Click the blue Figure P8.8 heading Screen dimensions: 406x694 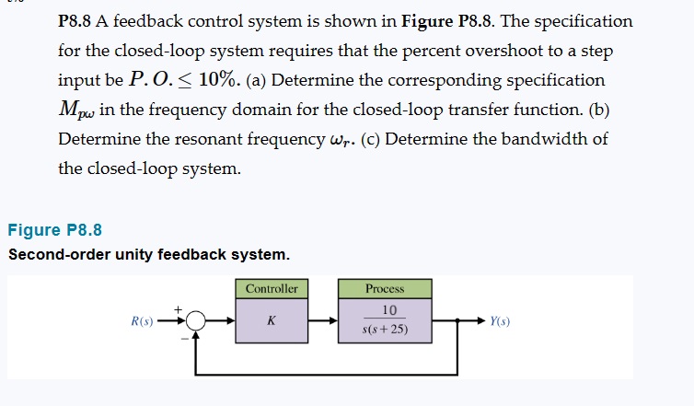click(x=54, y=230)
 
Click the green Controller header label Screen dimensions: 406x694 click(x=272, y=288)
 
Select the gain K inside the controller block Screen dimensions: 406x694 click(x=272, y=321)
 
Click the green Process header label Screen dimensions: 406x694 click(x=385, y=288)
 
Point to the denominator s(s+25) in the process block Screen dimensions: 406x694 click(x=386, y=331)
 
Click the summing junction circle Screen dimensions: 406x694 click(x=195, y=322)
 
